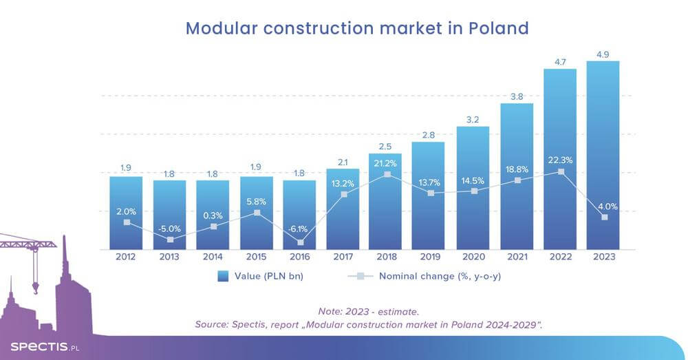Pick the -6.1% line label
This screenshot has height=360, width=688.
300,229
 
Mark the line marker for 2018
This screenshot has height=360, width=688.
387,175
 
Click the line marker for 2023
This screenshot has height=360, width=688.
603,218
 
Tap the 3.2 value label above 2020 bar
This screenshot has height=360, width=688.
473,119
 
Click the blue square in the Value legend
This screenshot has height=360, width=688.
223,277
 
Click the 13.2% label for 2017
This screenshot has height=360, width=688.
343,182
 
